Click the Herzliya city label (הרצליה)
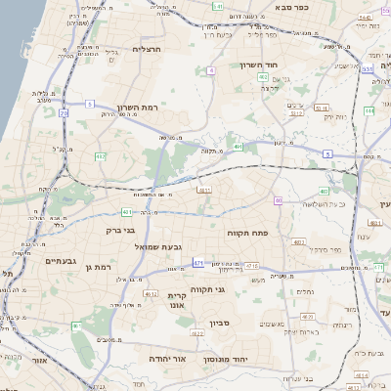[x=146, y=48]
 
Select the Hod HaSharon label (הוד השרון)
[x=259, y=65]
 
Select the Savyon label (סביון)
[x=217, y=323]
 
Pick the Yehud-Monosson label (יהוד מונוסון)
[x=225, y=360]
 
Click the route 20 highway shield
[x=65, y=113]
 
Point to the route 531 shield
[x=367, y=69]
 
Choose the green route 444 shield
[x=369, y=111]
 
